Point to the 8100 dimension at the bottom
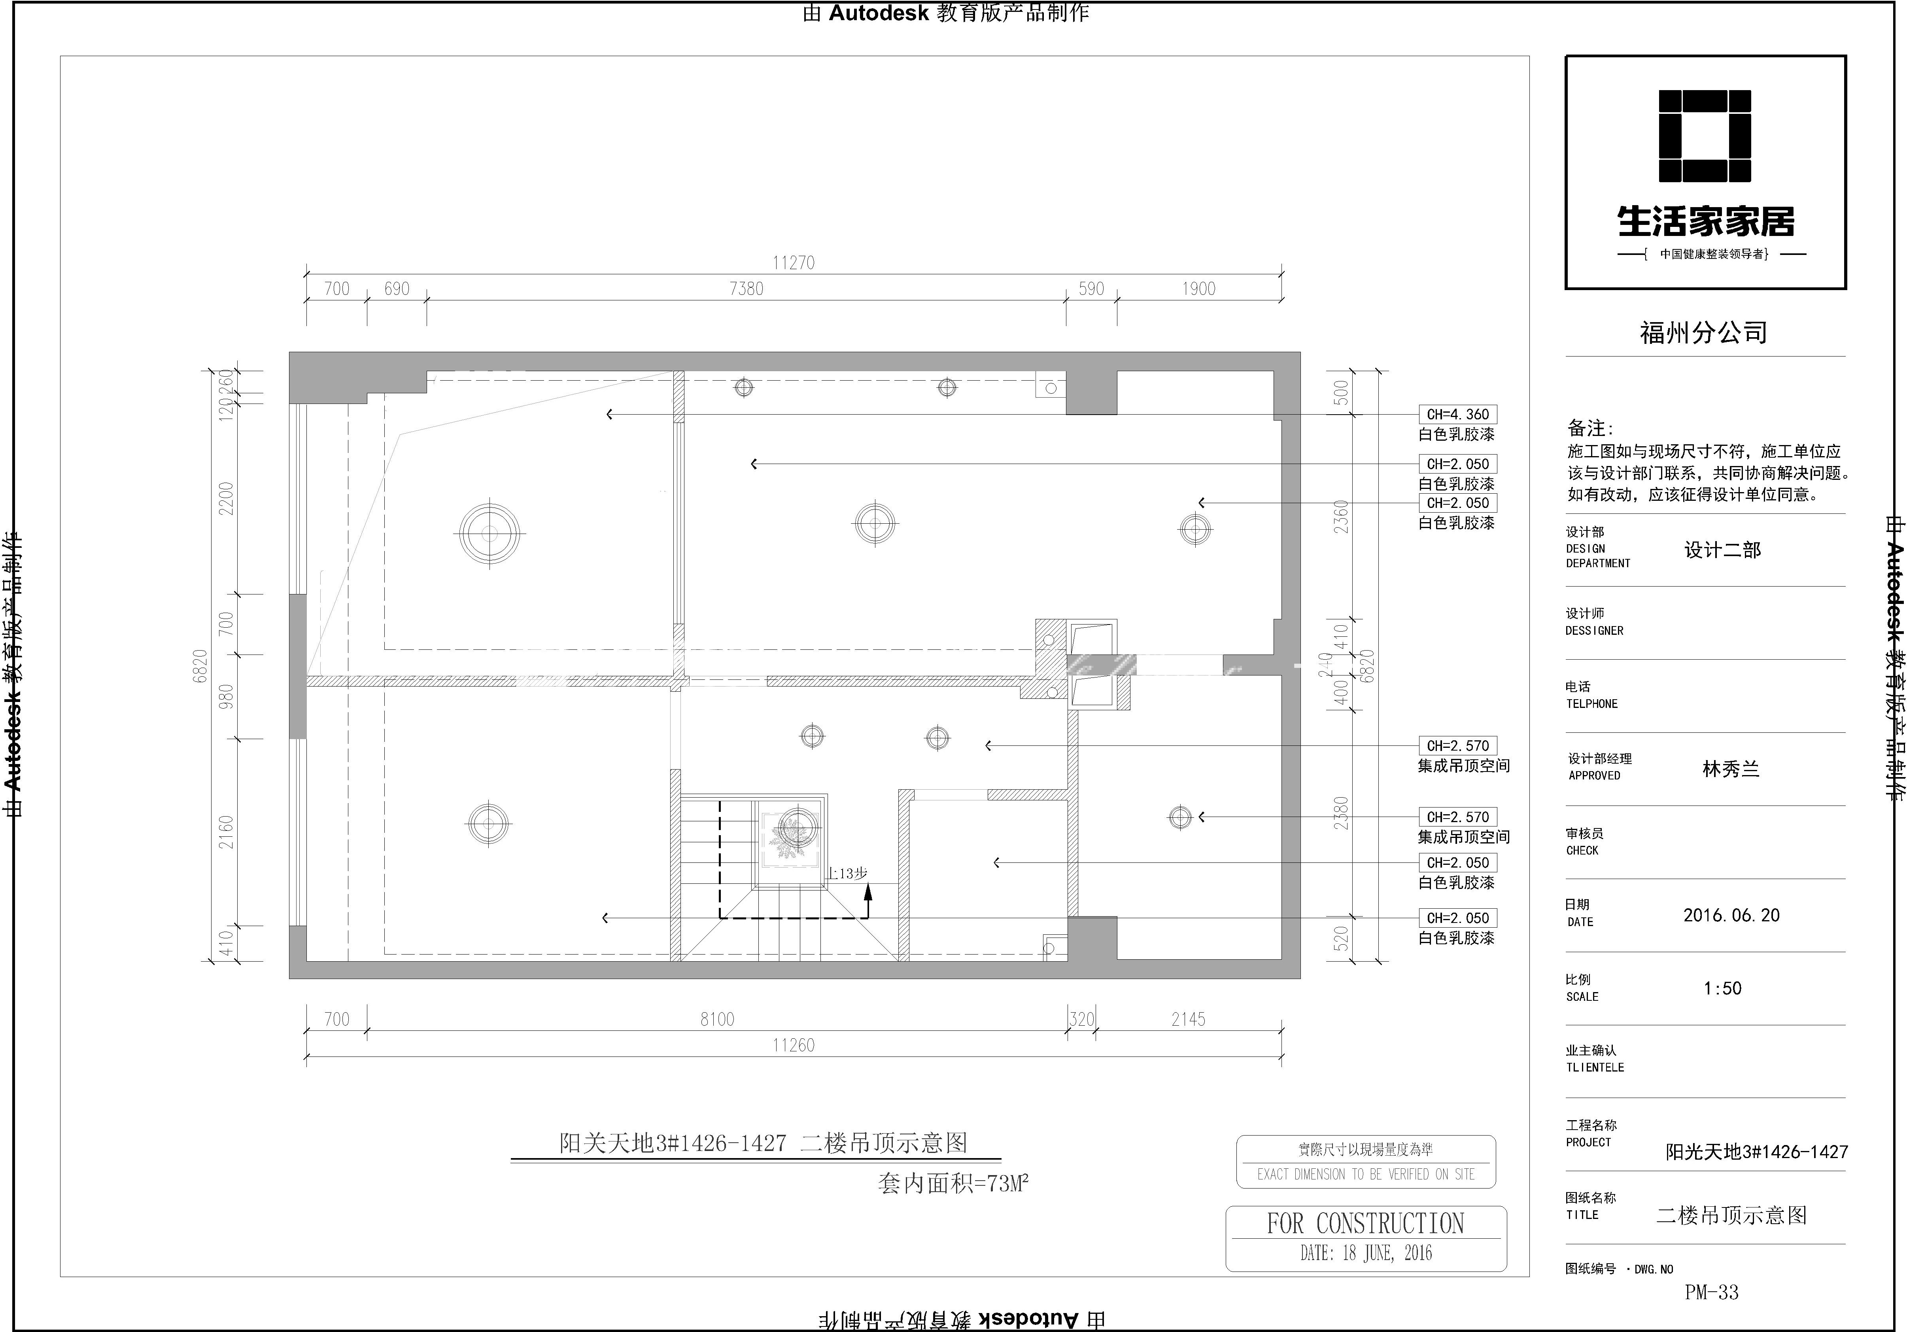(x=717, y=1019)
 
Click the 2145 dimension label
(x=1188, y=1019)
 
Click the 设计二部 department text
(x=1722, y=550)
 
